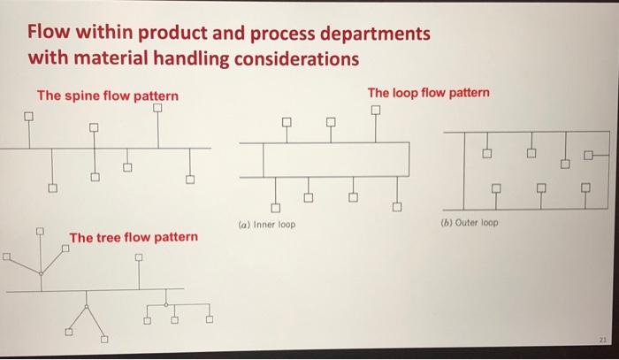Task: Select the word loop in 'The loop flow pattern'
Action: point(409,92)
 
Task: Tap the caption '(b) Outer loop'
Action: point(469,222)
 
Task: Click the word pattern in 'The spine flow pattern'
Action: point(156,96)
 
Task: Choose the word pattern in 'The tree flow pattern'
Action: point(175,237)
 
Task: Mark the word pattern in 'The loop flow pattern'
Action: point(467,92)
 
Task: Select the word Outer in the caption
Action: point(465,222)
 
